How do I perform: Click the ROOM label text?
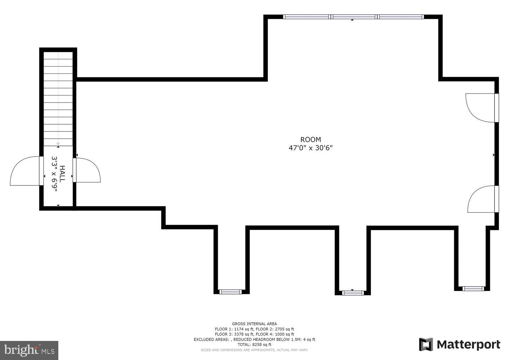(310, 140)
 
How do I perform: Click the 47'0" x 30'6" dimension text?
(310, 148)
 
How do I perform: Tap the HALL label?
(62, 174)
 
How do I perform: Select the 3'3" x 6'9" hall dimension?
(54, 174)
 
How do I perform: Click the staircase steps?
(58, 97)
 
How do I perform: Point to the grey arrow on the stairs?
(58, 144)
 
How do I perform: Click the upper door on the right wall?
(480, 108)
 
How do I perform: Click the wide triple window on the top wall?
(353, 17)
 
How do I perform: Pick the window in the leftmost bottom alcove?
(230, 292)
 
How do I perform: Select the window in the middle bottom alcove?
(353, 293)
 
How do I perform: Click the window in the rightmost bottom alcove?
(473, 288)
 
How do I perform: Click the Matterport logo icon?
(426, 344)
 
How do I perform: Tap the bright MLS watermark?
(29, 350)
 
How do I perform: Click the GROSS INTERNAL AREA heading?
(254, 324)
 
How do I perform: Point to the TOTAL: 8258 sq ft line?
(254, 345)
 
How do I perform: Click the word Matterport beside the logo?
(468, 345)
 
